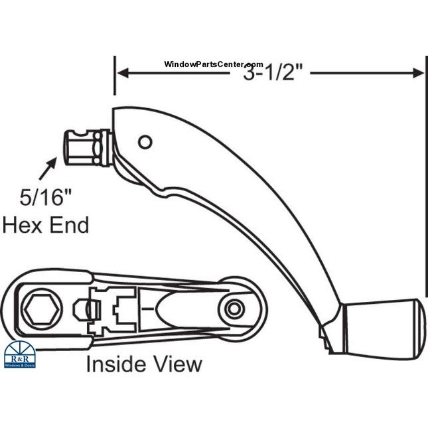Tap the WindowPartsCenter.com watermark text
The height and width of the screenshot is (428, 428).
214,64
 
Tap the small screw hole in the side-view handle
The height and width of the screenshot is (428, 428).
145,141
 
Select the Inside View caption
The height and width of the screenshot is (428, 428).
144,364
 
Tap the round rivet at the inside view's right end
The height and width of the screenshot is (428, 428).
233,309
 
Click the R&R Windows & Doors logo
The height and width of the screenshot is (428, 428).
20,355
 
